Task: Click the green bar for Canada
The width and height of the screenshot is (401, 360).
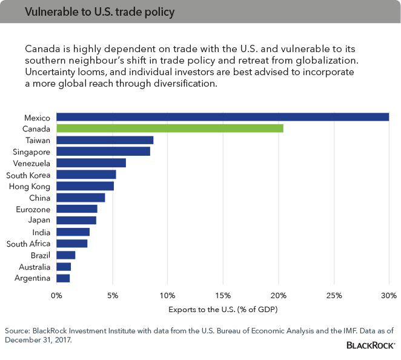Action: [170, 128]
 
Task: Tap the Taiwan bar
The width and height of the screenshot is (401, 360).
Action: [105, 140]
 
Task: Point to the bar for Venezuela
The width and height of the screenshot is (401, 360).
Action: [91, 163]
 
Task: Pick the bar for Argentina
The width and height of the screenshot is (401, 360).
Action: [63, 278]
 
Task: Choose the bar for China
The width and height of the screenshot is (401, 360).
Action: [81, 198]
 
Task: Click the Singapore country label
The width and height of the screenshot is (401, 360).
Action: [32, 152]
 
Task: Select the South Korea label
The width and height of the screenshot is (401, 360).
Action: [28, 175]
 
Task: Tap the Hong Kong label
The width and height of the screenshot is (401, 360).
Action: [30, 186]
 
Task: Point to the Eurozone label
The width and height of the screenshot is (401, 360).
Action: [34, 209]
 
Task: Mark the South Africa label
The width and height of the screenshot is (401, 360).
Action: [28, 244]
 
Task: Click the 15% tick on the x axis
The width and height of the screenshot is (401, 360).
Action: [223, 296]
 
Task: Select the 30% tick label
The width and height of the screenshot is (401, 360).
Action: [389, 296]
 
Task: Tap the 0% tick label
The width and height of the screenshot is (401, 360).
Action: [56, 296]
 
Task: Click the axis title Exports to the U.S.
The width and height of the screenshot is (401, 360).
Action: [222, 310]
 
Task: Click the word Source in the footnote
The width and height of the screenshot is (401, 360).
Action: [17, 331]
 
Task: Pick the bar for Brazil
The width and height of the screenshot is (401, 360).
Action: [65, 255]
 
